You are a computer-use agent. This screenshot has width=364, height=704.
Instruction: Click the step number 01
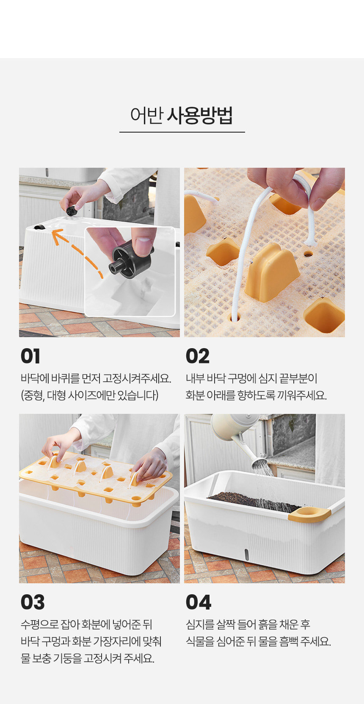[x=30, y=356]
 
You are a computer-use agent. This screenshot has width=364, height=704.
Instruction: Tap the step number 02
[x=197, y=356]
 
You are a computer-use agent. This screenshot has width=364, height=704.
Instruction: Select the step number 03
[x=32, y=602]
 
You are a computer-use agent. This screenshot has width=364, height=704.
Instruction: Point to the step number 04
[x=198, y=602]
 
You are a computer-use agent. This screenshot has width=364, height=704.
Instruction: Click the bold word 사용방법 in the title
[x=200, y=115]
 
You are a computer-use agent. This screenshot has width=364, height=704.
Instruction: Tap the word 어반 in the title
[x=147, y=115]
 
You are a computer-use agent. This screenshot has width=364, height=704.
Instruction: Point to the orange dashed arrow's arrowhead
[x=57, y=236]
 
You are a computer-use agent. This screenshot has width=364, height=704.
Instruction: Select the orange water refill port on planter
[x=309, y=514]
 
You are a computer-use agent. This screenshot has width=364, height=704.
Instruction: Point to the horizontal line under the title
[x=182, y=132]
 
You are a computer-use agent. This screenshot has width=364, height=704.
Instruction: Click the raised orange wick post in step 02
[x=272, y=272]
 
